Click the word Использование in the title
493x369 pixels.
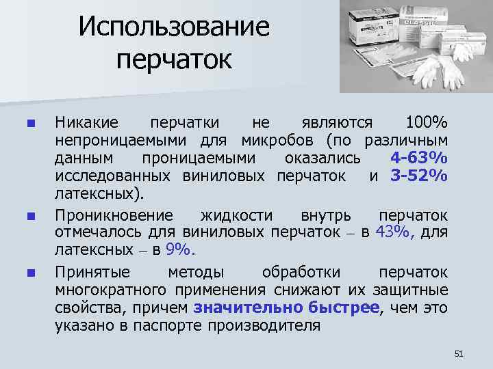pyautogui.click(x=174, y=27)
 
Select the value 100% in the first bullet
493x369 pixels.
pyautogui.click(x=426, y=122)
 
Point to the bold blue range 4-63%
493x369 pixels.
pyautogui.click(x=419, y=158)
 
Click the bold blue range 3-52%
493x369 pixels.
pyautogui.click(x=419, y=176)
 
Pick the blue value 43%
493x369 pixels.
pyautogui.click(x=393, y=232)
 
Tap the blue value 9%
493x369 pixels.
pyautogui.click(x=180, y=249)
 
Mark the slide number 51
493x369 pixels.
pyautogui.click(x=459, y=353)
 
